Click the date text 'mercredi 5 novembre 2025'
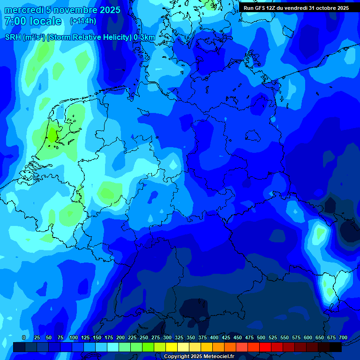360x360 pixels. (62, 10)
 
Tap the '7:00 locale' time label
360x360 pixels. (32, 21)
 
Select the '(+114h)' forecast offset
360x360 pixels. (83, 21)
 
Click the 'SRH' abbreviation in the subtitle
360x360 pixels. (13, 37)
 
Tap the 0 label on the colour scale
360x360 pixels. (24, 338)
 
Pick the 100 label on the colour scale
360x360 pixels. (74, 338)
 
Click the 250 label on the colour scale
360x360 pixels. (144, 338)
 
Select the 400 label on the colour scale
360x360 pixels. (214, 338)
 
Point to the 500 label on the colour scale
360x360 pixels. (261, 338)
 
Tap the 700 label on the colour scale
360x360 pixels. (343, 338)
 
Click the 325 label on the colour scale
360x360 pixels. (179, 338)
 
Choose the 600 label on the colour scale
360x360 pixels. (308, 338)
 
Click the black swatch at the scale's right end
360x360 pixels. (336, 347)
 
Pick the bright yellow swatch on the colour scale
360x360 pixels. (172, 347)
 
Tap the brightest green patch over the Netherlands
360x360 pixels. (51, 136)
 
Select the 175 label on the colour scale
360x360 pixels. (109, 338)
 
